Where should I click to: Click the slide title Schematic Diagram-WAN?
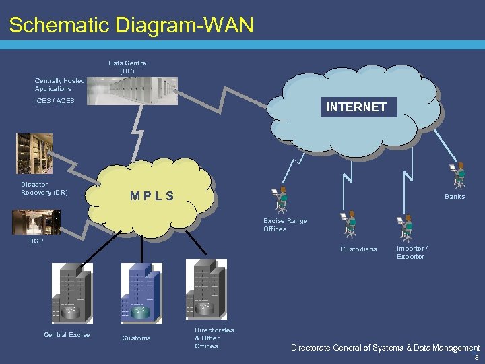[131, 25]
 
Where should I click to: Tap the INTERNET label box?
[356, 107]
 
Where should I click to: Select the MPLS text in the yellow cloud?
[152, 196]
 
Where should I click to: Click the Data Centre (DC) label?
[127, 67]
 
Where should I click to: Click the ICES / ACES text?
[55, 101]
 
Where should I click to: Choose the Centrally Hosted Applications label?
[59, 84]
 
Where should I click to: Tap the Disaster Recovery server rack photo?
[34, 153]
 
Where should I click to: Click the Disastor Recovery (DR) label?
[44, 188]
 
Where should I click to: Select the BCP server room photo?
[36, 222]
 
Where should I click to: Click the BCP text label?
[36, 241]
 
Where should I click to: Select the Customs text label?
[136, 338]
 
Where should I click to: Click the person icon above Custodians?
[349, 225]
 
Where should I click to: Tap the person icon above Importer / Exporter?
[406, 229]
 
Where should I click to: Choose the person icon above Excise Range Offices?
[280, 200]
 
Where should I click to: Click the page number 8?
[476, 358]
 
